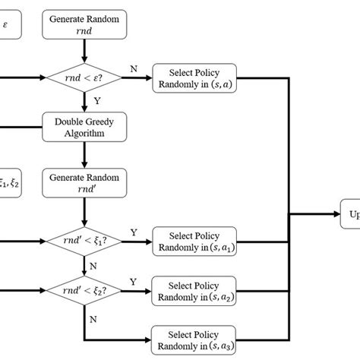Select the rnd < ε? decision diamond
81,77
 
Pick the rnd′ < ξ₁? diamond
81,242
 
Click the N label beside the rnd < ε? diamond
134,68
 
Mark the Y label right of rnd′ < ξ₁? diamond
134,232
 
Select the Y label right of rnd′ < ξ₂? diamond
134,282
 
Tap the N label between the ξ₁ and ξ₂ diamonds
93,266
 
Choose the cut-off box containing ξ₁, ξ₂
10,183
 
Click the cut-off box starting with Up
350,215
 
